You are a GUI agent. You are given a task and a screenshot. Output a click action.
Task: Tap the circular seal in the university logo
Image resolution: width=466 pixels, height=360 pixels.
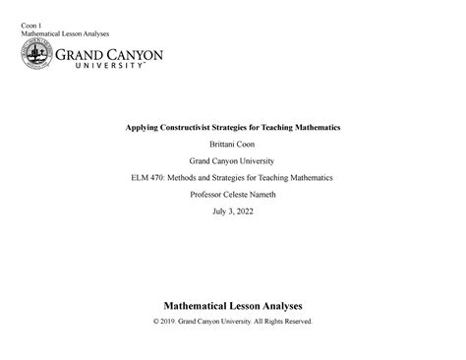click(38, 58)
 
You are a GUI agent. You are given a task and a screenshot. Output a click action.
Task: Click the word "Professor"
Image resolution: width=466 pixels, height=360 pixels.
click(207, 195)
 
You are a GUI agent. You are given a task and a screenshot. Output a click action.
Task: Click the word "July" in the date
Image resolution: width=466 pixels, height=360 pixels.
click(220, 211)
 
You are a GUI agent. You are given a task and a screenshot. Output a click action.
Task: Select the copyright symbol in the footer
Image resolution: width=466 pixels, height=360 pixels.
click(156, 322)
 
